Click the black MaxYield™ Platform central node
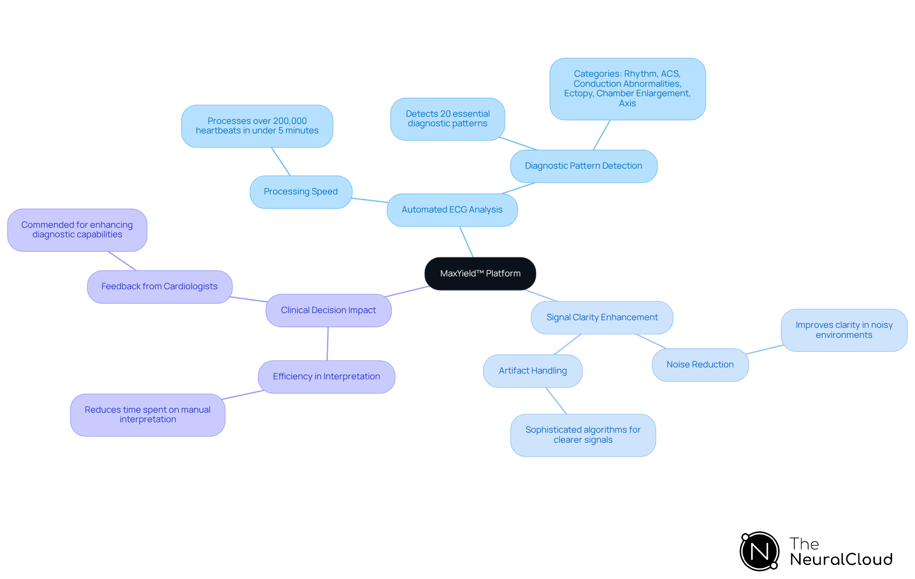tap(480, 274)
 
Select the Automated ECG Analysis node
tap(452, 210)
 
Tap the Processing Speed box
tap(301, 192)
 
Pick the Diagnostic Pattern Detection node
tap(583, 166)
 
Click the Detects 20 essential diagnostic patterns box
tap(447, 119)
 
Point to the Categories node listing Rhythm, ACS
tap(627, 89)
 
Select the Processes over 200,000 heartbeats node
tap(257, 126)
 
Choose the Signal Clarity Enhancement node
tap(602, 317)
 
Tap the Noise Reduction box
tap(700, 365)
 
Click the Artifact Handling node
tap(532, 371)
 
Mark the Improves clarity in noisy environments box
tap(844, 330)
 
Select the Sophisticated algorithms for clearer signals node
tap(583, 435)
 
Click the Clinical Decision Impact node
tap(328, 310)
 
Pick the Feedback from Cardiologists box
tap(159, 286)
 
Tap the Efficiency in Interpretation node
tap(326, 376)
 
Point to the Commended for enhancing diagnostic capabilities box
tap(77, 230)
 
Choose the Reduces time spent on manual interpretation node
tap(148, 415)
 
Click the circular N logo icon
tap(759, 551)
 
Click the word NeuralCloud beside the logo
tap(841, 559)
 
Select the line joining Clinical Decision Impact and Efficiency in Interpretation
tap(327, 344)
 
